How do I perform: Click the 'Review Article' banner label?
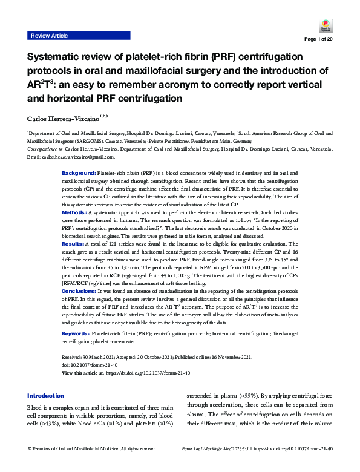50,36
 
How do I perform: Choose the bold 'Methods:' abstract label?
74,197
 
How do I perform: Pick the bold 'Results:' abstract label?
74,226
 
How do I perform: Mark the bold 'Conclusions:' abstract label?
81,291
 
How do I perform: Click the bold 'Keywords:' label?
78,333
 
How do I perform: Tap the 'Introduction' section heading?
45,395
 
